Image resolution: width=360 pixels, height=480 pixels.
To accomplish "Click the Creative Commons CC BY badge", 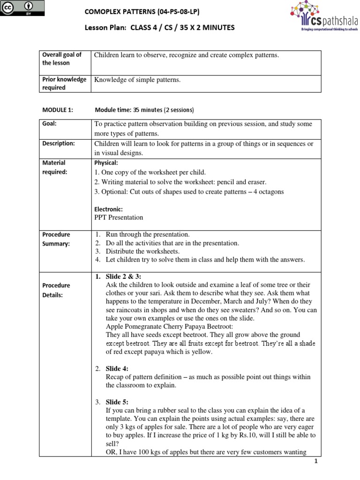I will pos(23,8).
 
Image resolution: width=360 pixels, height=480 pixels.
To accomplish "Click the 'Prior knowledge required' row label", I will pos(65,83).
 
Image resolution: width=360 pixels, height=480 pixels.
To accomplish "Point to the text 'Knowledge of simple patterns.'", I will pos(137,80).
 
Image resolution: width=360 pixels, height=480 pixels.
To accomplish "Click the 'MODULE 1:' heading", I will pos(58,110).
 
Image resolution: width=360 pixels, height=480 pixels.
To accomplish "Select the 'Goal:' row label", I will pos(49,124).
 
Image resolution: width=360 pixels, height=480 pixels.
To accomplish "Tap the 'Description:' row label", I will pos(59,143).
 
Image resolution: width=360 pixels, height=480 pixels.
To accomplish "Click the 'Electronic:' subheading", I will pos(109,209).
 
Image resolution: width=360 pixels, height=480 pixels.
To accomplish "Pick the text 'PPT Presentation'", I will pos(119,217).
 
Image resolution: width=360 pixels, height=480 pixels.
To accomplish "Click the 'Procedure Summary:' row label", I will pos(56,239).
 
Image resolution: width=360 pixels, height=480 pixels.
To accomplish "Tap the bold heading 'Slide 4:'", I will pos(116,368).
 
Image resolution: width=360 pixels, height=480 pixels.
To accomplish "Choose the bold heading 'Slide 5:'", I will pos(116,402).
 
